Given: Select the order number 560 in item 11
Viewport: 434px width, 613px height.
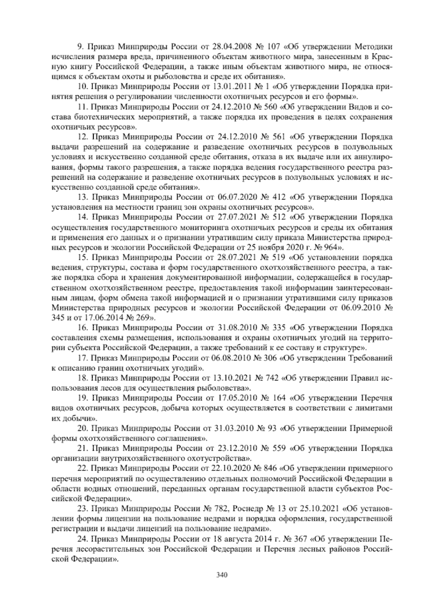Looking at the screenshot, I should [269, 107].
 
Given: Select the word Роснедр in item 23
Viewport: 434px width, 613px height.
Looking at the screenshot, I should [248, 509].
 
